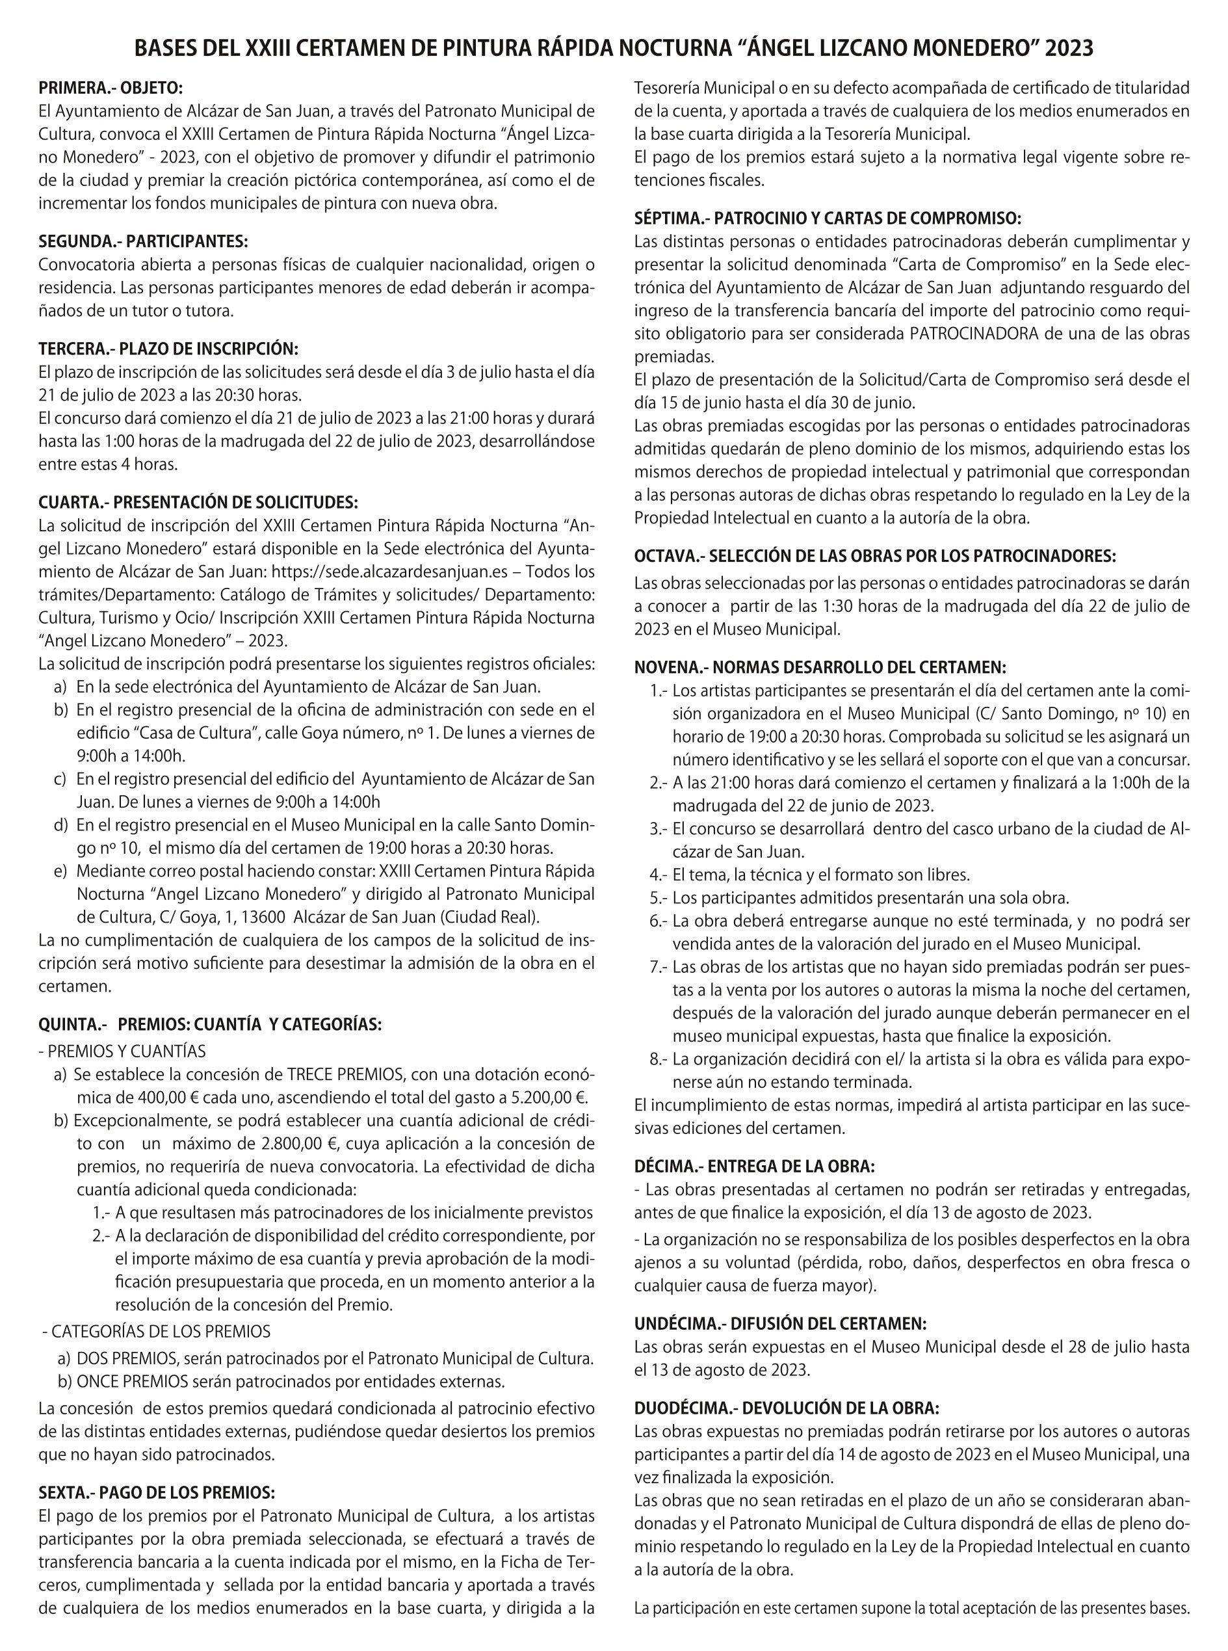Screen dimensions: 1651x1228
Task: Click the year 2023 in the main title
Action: [1069, 48]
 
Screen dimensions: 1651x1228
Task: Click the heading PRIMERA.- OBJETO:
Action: [111, 88]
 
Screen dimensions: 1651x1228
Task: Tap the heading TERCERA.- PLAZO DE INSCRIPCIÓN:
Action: [168, 349]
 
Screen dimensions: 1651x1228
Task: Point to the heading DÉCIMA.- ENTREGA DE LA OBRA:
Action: [753, 1166]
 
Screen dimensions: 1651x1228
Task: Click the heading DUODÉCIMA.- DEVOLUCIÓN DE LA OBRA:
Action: [787, 1408]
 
